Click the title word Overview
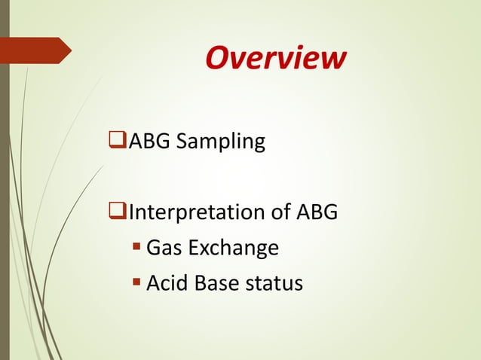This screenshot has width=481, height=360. click(275, 58)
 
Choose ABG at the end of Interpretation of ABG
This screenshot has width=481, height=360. click(317, 212)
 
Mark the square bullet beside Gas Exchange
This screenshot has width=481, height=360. click(136, 249)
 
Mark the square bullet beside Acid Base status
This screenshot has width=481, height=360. click(136, 284)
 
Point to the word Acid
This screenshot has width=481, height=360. click(167, 283)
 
